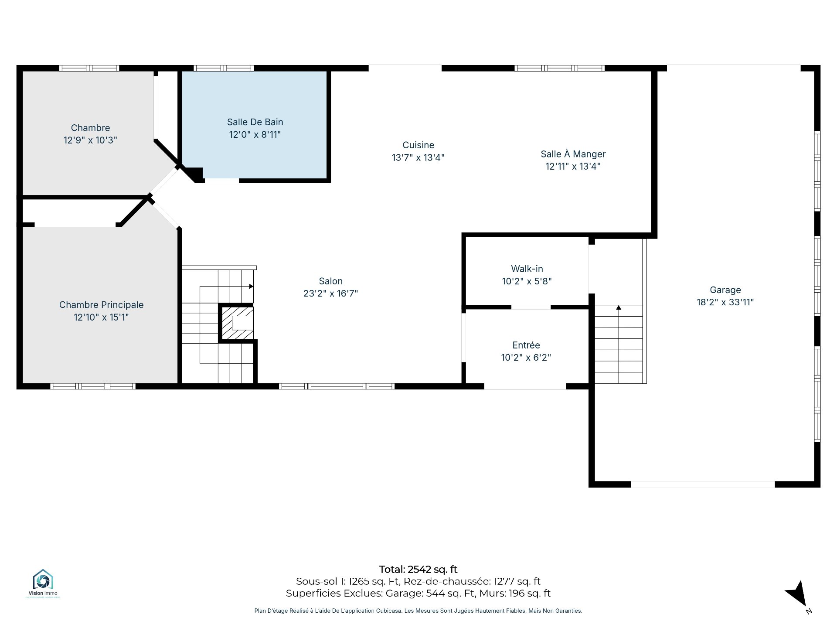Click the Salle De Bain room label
coord(255,122)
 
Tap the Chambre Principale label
coord(101,305)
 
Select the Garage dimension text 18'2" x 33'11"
coord(725,302)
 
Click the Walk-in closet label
coord(527,269)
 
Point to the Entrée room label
coord(526,345)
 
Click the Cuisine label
coord(418,145)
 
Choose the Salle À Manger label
coord(573,154)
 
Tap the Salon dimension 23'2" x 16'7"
coord(330,293)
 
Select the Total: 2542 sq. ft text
coord(418,569)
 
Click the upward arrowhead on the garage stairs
coord(619,307)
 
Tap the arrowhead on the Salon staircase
coord(251,287)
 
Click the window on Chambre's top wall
coord(89,68)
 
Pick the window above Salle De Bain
coord(224,68)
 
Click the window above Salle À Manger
coord(559,68)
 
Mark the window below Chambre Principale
coord(93,386)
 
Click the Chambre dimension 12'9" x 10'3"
coord(90,140)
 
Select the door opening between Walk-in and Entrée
coord(531,307)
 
